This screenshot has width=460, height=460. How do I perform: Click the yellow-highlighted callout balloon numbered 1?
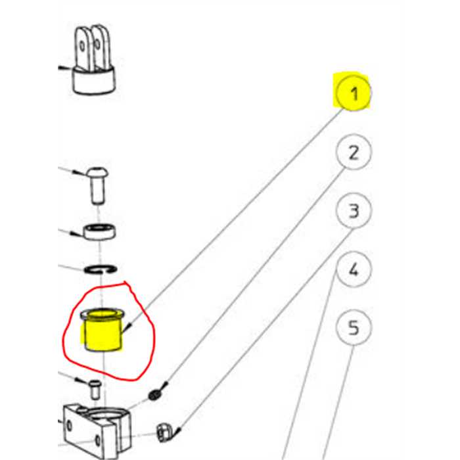click(x=354, y=93)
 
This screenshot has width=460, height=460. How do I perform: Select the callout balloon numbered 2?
click(x=354, y=152)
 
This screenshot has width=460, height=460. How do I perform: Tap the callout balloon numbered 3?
click(x=354, y=211)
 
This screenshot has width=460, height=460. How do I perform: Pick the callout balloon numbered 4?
click(x=354, y=269)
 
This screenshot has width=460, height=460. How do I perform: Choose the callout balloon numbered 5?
click(x=354, y=328)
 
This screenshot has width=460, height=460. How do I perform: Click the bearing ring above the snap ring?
click(x=99, y=232)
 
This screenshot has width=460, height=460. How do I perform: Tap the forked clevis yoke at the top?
click(x=93, y=60)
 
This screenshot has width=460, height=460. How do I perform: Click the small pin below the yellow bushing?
click(x=95, y=390)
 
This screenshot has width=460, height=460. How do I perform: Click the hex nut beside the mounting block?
click(x=164, y=432)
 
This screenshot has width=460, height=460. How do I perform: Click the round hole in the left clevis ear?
click(x=82, y=46)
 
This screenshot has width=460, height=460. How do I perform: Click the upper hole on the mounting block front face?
click(x=69, y=425)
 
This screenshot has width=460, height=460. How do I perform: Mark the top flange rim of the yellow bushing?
click(x=103, y=314)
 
